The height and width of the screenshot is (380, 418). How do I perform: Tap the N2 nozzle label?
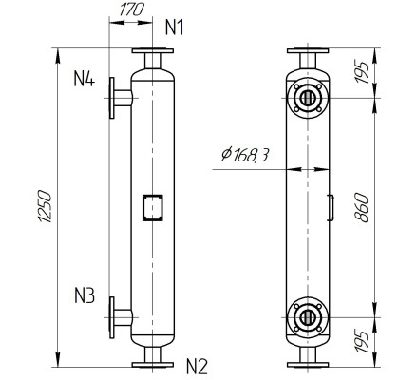197,364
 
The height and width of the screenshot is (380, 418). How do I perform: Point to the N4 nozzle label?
84,78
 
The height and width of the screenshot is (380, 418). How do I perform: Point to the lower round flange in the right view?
306,316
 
